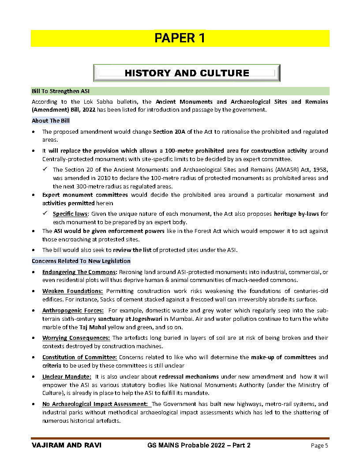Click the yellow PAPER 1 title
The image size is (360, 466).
[180, 38]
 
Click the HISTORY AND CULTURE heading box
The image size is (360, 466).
[187, 73]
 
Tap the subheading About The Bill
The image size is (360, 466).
[50, 120]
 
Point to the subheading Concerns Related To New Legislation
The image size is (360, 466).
[81, 261]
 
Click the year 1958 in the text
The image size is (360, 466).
[321, 169]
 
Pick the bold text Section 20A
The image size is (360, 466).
[167, 132]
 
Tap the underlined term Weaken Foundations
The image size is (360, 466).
[73, 291]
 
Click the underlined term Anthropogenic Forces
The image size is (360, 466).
[73, 310]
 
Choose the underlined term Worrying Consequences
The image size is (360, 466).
[76, 338]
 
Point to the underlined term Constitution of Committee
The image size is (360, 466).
[79, 357]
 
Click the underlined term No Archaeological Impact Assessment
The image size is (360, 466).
[95, 404]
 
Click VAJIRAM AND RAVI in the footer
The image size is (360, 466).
[67, 445]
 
